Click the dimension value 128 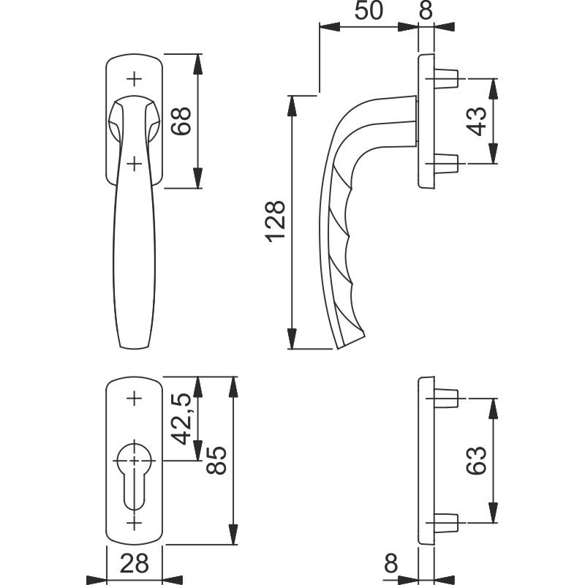pyautogui.click(x=276, y=222)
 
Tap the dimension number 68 pyautogui.click(x=181, y=121)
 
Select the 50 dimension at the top pyautogui.click(x=369, y=10)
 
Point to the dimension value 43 pyautogui.click(x=477, y=121)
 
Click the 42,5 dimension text pyautogui.click(x=183, y=419)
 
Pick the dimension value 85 pyautogui.click(x=216, y=461)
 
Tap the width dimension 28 pyautogui.click(x=135, y=563)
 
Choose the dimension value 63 pyautogui.click(x=477, y=461)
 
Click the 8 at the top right pyautogui.click(x=426, y=10)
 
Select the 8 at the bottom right pyautogui.click(x=391, y=563)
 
